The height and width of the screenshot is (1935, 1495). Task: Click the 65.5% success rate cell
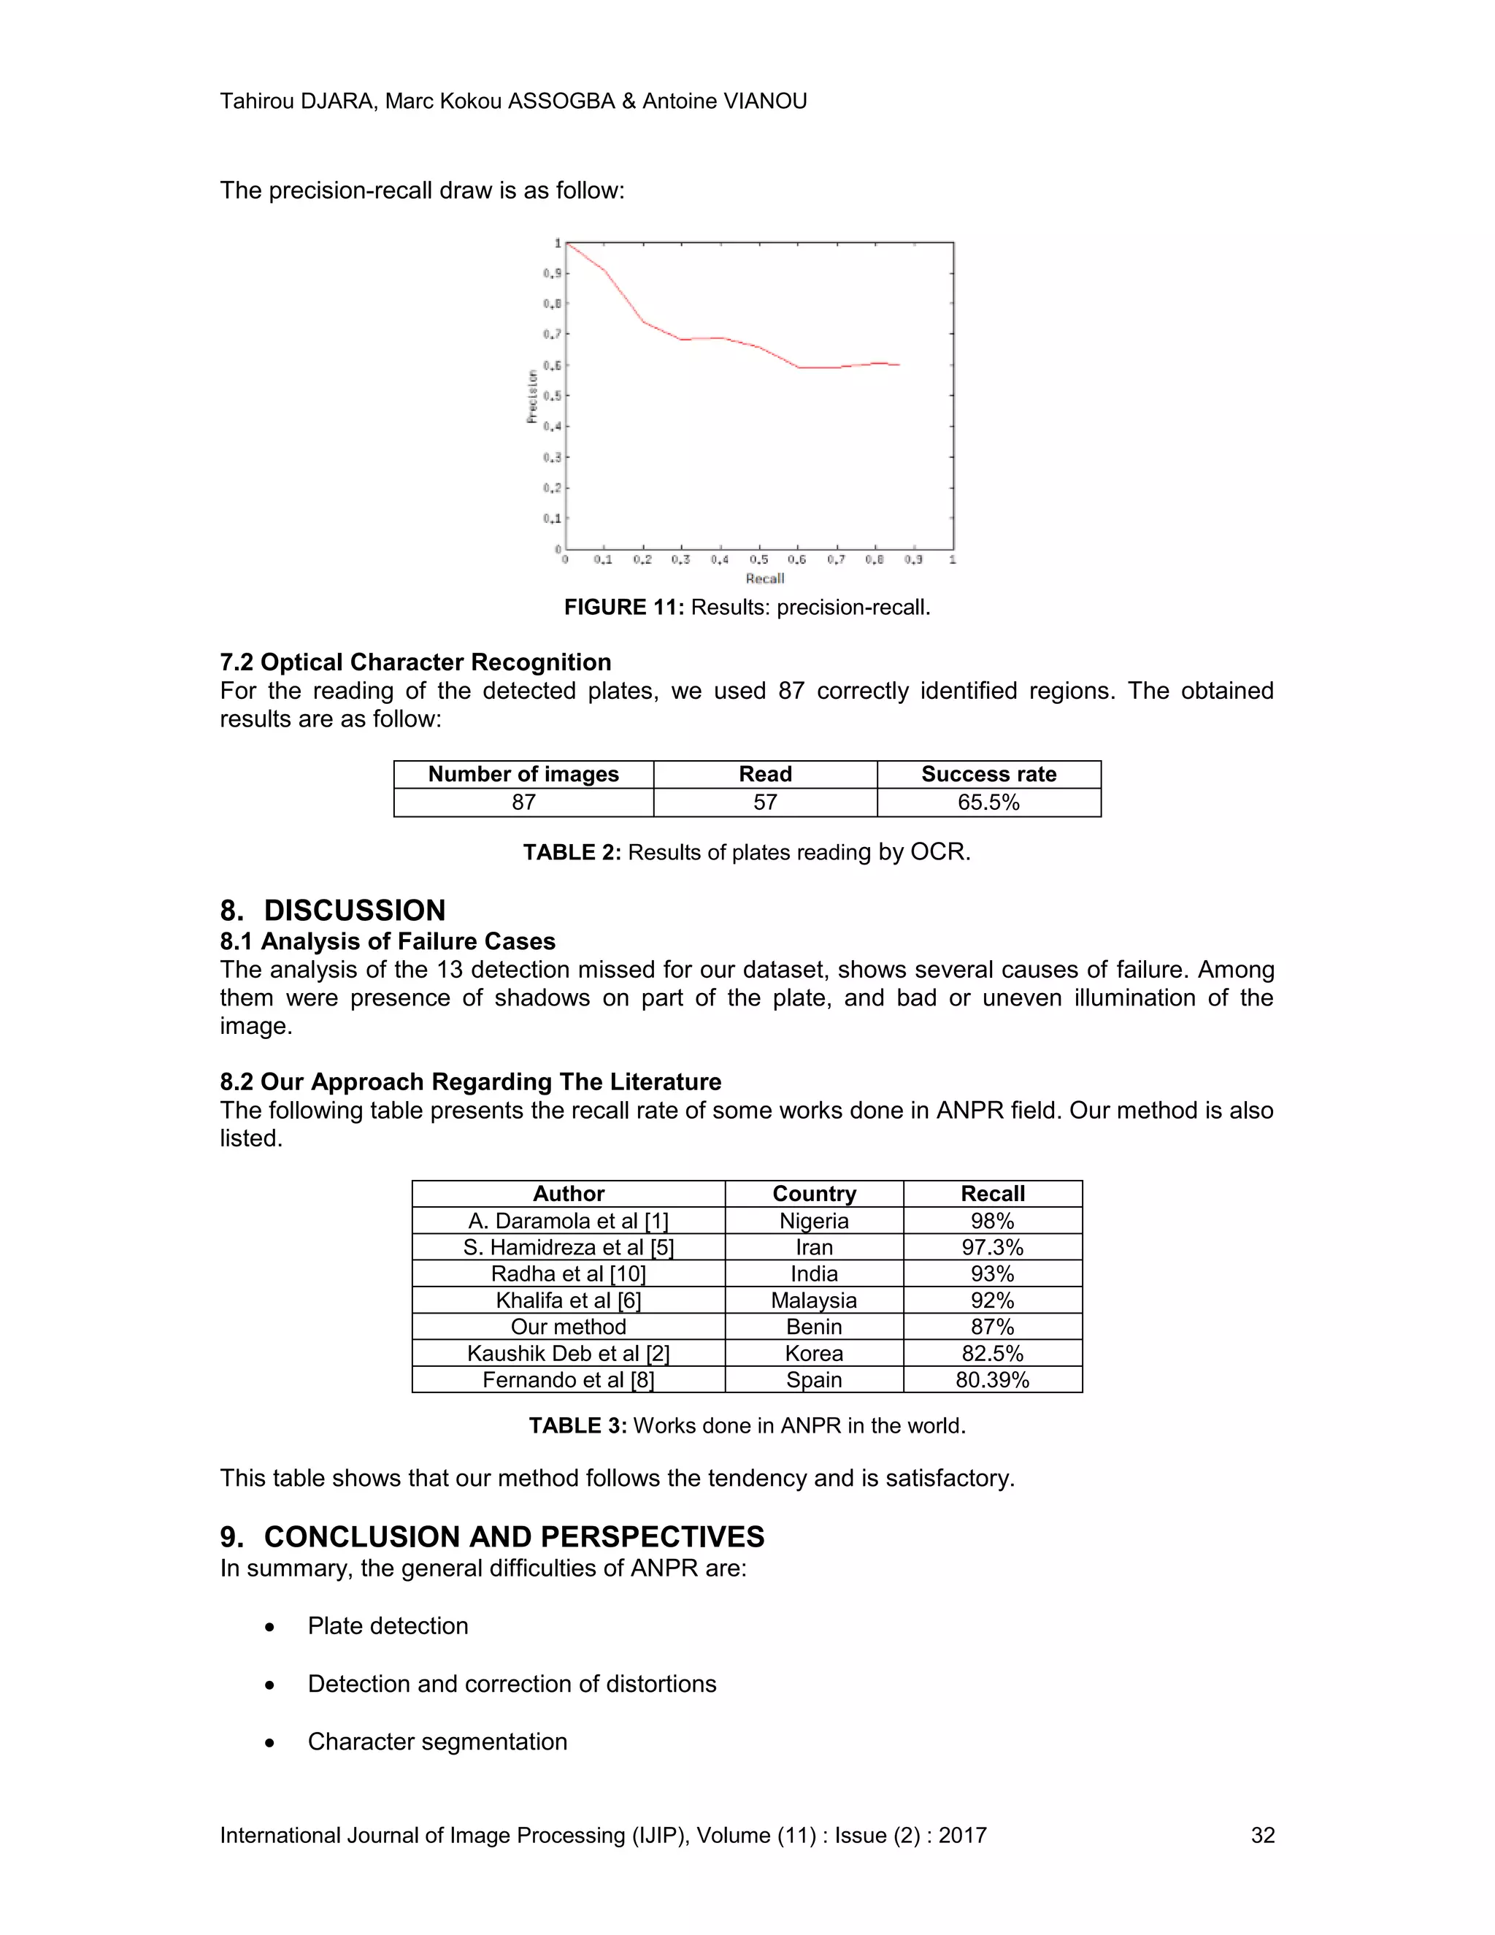[x=988, y=802]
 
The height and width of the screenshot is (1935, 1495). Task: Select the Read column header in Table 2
[x=765, y=774]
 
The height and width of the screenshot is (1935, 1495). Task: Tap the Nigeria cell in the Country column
[x=814, y=1221]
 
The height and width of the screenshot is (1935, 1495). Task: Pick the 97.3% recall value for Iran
[x=992, y=1247]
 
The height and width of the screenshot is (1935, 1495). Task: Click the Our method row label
[x=568, y=1326]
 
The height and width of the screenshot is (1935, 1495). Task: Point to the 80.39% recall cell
[x=992, y=1379]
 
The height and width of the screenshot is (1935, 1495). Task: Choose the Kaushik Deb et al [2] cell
[x=568, y=1353]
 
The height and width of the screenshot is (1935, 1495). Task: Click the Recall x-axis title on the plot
[x=765, y=578]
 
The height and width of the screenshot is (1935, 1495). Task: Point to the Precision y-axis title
[x=532, y=396]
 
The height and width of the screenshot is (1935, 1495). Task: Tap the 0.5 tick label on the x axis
[x=759, y=560]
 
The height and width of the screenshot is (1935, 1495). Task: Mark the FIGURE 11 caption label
[x=623, y=608]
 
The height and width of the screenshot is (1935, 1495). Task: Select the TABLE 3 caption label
[x=577, y=1425]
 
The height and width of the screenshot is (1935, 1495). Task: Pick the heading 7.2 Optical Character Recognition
[x=415, y=663]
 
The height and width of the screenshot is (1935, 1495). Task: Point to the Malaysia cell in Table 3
[x=814, y=1300]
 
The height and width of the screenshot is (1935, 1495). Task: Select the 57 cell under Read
[x=765, y=802]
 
